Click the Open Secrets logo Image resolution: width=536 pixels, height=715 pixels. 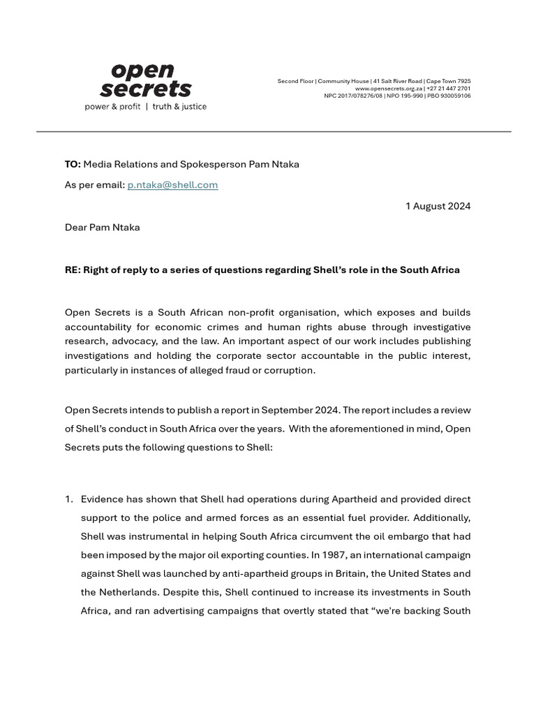coord(145,81)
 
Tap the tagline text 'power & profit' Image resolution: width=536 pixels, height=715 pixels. coord(112,107)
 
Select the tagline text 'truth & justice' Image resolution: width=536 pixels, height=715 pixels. coord(179,107)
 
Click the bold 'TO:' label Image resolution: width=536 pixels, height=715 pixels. coord(73,165)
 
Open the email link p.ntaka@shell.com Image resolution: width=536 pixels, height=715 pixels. coord(172,185)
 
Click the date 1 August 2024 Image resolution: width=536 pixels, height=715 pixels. coord(438,206)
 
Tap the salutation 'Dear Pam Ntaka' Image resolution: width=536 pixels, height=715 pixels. coord(102,228)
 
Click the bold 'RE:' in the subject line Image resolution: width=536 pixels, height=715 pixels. coord(73,270)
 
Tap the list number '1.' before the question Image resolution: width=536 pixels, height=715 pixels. coord(69,499)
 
